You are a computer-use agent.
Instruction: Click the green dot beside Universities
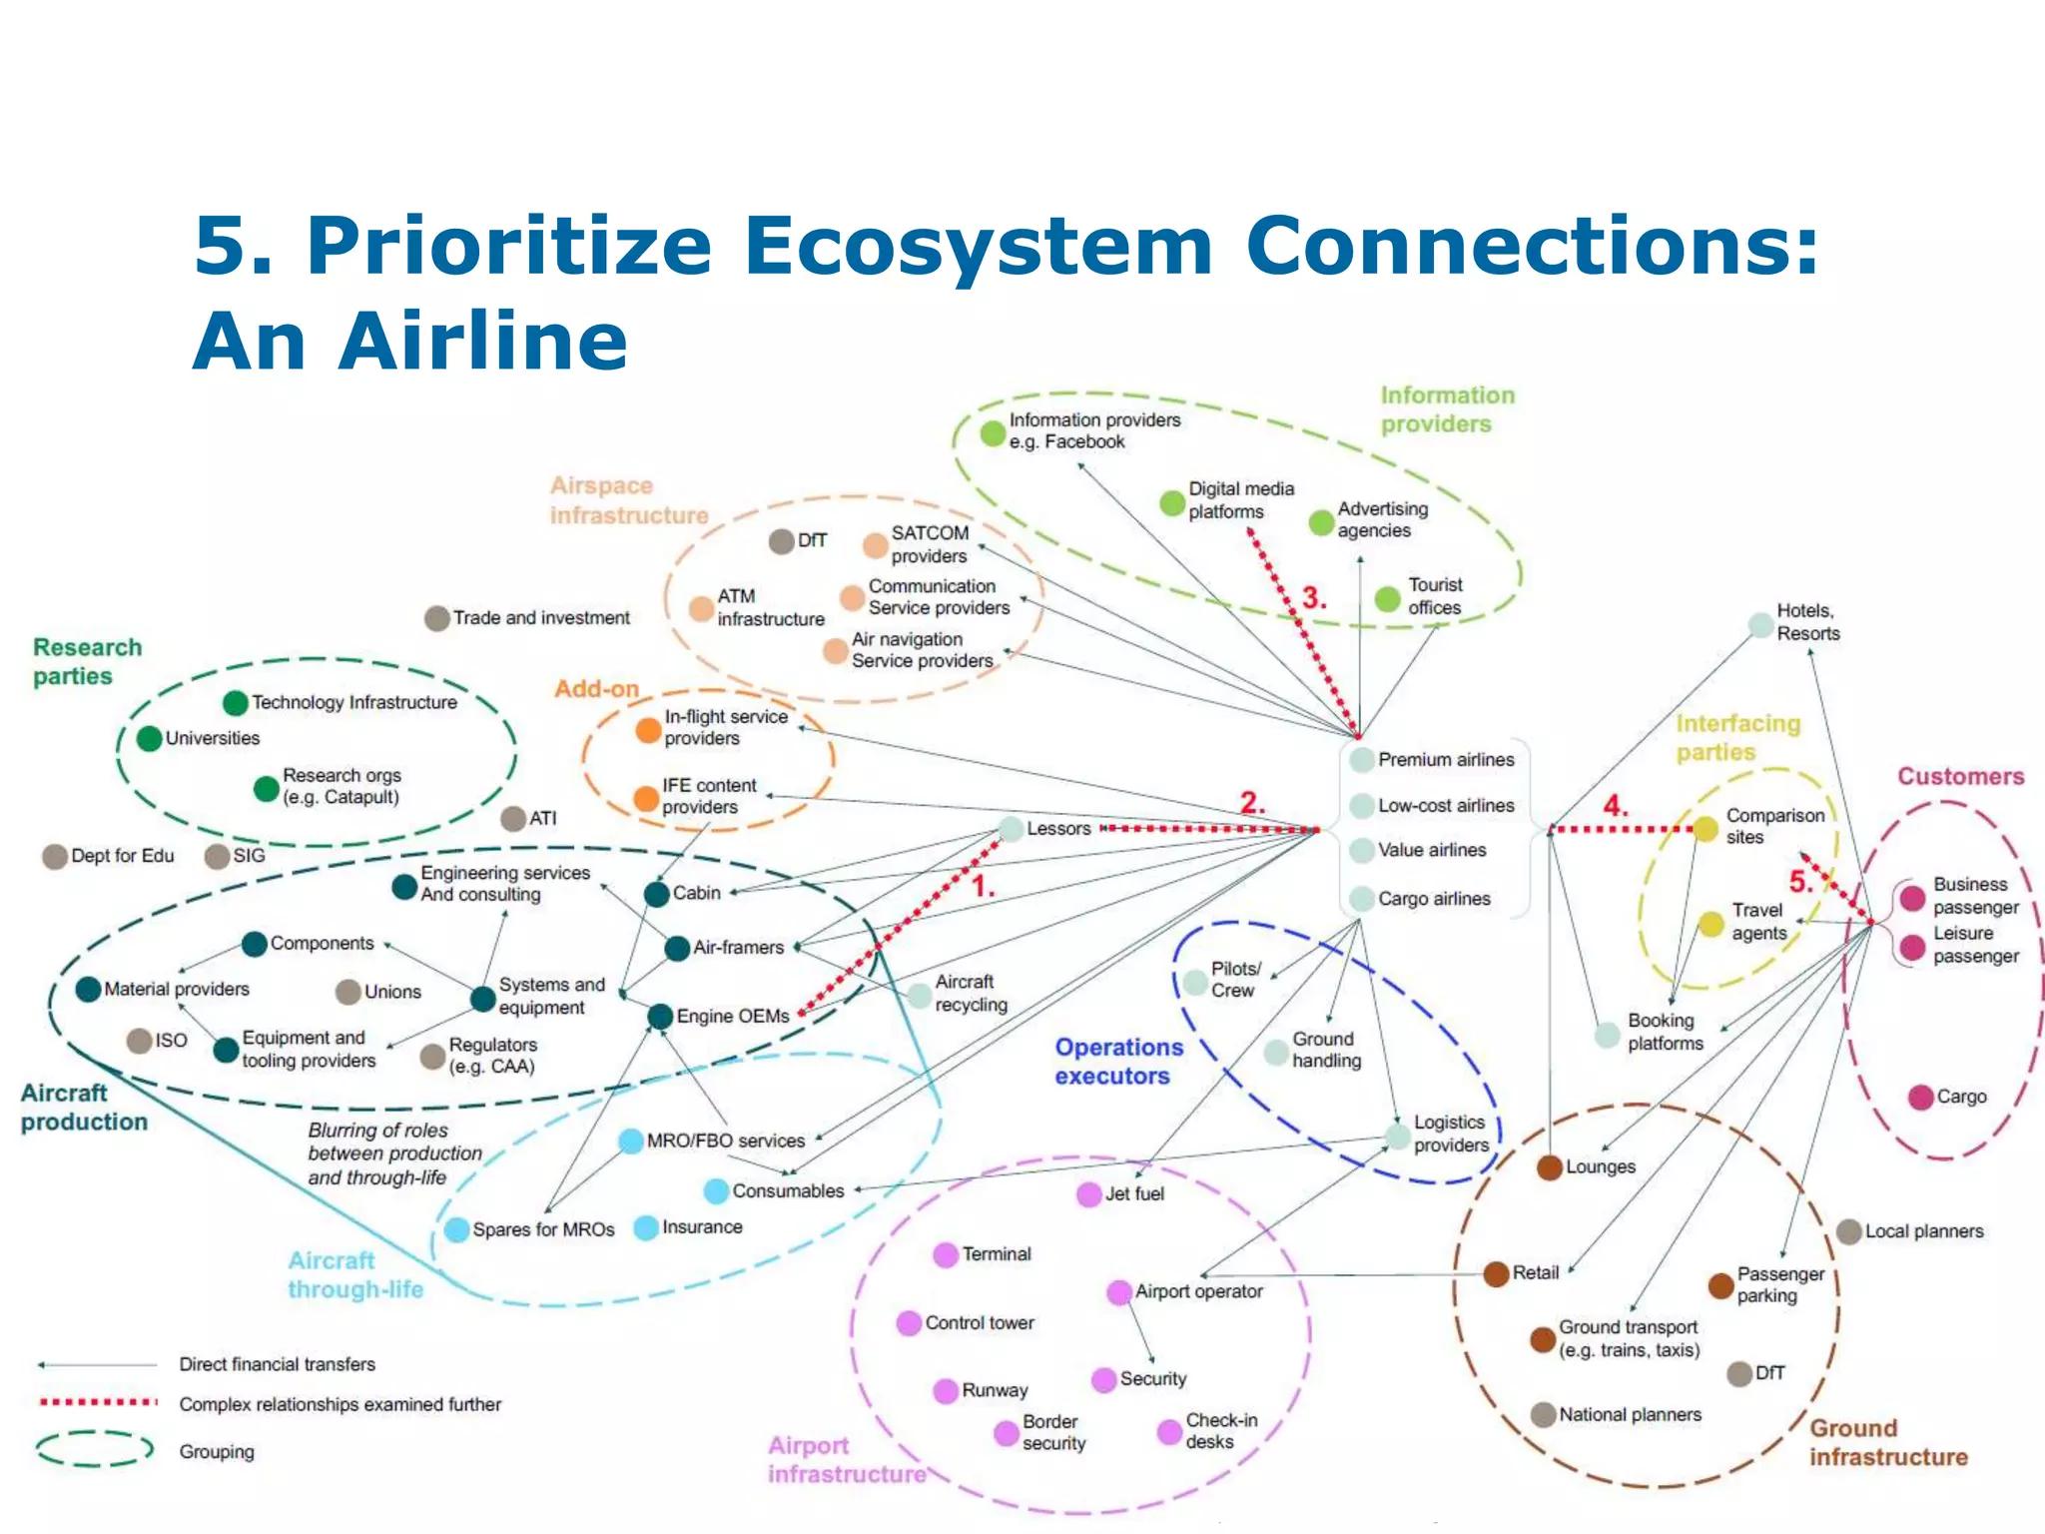pos(149,739)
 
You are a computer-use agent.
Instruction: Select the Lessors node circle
pos(1012,829)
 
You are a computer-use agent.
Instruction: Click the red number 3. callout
pos(1314,599)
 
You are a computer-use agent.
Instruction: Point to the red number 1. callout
pos(984,887)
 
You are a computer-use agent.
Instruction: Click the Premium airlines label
pos(1446,760)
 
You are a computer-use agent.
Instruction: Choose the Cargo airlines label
pos(1434,899)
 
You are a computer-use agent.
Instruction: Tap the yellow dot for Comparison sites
pos(1705,828)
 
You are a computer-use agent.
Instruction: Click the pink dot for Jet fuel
pos(1089,1194)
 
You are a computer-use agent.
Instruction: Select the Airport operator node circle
pos(1119,1292)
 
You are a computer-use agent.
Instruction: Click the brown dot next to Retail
pos(1496,1273)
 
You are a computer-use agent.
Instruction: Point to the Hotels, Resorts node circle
pos(1760,626)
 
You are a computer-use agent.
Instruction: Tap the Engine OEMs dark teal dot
pos(660,1017)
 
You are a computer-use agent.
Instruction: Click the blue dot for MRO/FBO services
pos(630,1141)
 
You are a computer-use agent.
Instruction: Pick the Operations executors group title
pos(1118,1062)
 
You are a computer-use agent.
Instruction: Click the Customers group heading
pos(1960,777)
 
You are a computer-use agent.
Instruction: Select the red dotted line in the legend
pos(98,1402)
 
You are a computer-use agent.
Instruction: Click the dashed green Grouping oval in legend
pos(94,1449)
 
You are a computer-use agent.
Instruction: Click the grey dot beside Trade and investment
pos(436,618)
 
